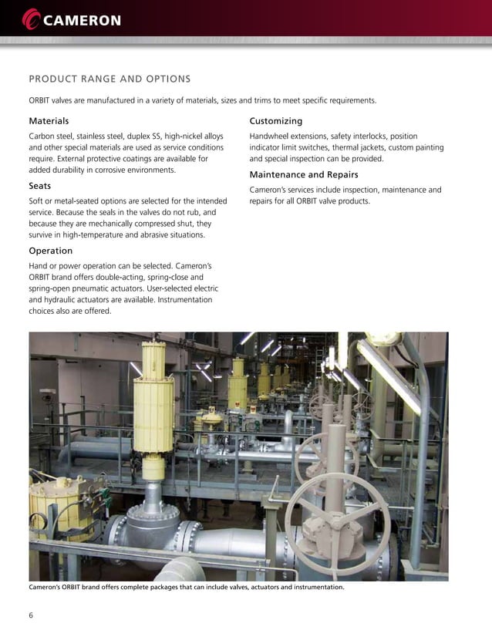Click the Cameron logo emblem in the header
coord(33,17)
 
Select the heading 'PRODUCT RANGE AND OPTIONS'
coord(110,78)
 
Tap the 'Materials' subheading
coord(49,121)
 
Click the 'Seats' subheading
coord(40,186)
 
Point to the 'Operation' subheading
coord(51,251)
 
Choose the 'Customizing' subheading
coord(276,121)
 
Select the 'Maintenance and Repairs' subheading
coord(304,174)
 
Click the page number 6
coord(31,615)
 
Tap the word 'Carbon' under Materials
coord(43,136)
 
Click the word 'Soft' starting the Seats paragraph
coord(37,201)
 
